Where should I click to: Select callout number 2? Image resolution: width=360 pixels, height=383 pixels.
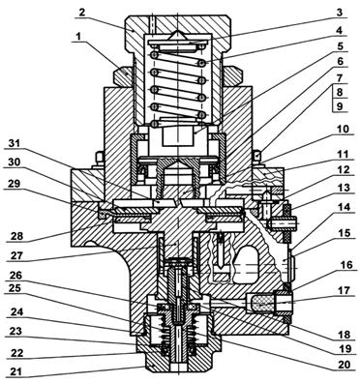point(82,13)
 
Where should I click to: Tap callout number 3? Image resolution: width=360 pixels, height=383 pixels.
point(339,13)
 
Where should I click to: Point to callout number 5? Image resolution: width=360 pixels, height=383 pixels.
point(339,46)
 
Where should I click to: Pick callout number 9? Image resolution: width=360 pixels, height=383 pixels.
point(339,106)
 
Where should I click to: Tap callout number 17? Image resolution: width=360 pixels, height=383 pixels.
point(342,290)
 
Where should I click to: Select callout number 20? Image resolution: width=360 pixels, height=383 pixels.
point(342,364)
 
